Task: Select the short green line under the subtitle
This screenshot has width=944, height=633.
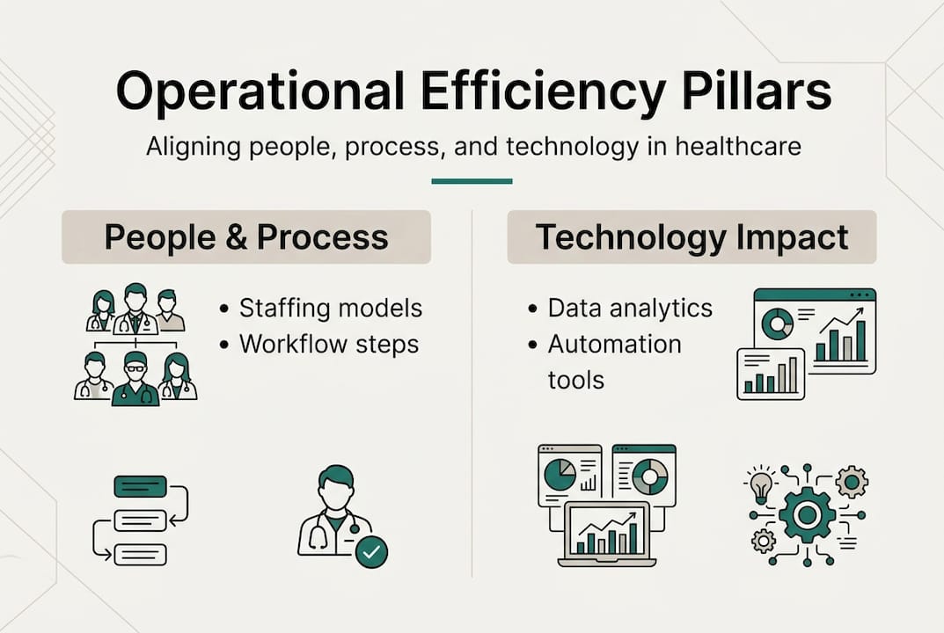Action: (x=472, y=181)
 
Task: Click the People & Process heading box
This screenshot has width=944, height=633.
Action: (x=246, y=237)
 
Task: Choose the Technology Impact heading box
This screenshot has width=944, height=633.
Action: (x=692, y=237)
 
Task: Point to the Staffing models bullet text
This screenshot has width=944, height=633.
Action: (x=331, y=309)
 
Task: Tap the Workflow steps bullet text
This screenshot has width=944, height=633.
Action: (x=329, y=344)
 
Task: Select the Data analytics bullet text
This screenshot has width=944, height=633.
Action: (x=630, y=309)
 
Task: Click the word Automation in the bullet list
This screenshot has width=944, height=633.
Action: (x=614, y=344)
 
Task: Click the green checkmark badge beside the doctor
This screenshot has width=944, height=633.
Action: (x=372, y=551)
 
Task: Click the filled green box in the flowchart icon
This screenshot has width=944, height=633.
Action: (x=140, y=486)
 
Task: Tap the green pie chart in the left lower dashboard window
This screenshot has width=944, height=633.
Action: (x=560, y=475)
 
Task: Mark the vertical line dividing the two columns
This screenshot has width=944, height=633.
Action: (x=472, y=396)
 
